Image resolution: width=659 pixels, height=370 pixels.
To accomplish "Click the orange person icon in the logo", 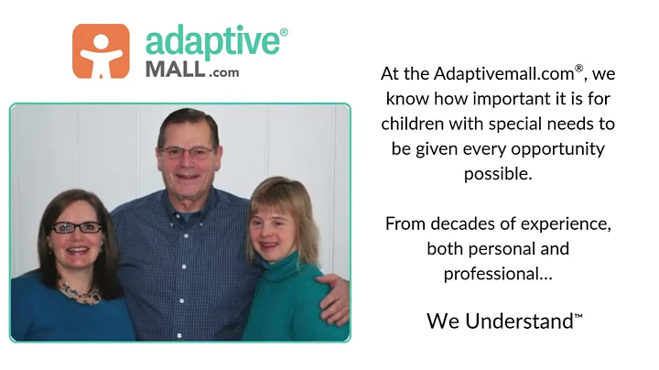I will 101,50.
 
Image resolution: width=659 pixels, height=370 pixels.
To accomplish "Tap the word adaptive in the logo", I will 211,42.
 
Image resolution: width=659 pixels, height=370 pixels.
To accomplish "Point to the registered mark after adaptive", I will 284,33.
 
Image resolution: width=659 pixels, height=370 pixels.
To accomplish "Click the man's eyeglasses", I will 187,151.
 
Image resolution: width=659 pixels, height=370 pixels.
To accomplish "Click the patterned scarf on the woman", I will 81,291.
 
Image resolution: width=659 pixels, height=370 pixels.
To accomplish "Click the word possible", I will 498,173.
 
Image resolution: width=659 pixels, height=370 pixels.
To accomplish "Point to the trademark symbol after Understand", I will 578,316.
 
